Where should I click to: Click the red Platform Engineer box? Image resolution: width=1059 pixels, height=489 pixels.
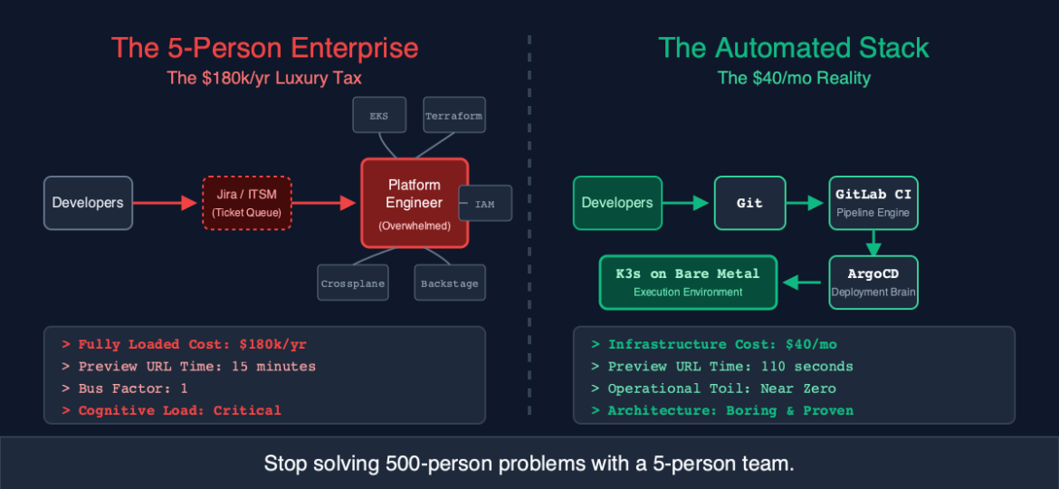pyautogui.click(x=415, y=203)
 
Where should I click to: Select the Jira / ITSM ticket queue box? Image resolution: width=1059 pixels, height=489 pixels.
pyautogui.click(x=246, y=203)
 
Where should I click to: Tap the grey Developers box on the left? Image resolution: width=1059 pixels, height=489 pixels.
pyautogui.click(x=88, y=203)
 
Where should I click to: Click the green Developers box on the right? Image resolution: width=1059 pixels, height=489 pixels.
pyautogui.click(x=617, y=203)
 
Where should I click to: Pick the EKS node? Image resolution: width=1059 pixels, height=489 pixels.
pyautogui.click(x=378, y=116)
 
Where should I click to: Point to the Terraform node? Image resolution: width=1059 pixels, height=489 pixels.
pyautogui.click(x=453, y=116)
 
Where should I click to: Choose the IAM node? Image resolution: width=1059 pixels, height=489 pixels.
pyautogui.click(x=485, y=204)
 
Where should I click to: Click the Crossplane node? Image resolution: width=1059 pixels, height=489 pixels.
pyautogui.click(x=353, y=283)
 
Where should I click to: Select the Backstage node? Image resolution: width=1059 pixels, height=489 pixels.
pyautogui.click(x=450, y=283)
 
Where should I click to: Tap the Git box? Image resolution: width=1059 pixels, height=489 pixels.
pyautogui.click(x=749, y=203)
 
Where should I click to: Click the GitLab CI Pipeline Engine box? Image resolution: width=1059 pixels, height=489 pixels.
pyautogui.click(x=873, y=203)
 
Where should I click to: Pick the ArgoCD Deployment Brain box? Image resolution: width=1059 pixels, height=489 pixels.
pyautogui.click(x=873, y=282)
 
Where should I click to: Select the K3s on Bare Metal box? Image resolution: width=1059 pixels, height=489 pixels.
pyautogui.click(x=688, y=282)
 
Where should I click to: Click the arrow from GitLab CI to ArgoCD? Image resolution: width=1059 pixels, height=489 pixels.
pyautogui.click(x=873, y=243)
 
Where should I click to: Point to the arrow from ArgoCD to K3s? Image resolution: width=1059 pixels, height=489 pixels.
pyautogui.click(x=804, y=283)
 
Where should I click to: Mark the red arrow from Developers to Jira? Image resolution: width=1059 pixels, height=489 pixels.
pyautogui.click(x=167, y=204)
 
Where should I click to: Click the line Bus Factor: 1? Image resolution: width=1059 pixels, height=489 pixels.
pyautogui.click(x=125, y=388)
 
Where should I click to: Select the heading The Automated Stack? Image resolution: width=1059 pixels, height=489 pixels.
pyautogui.click(x=793, y=48)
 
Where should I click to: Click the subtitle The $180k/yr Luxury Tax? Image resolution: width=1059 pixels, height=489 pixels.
pyautogui.click(x=264, y=78)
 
